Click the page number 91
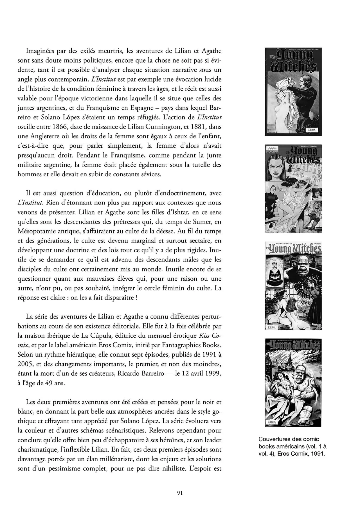tap(180, 492)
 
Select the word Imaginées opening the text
tap(40, 51)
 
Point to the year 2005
tap(26, 364)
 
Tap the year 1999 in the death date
tap(213, 374)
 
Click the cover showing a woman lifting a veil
tap(293, 92)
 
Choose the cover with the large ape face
tap(293, 286)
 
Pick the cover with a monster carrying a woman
tap(293, 383)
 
